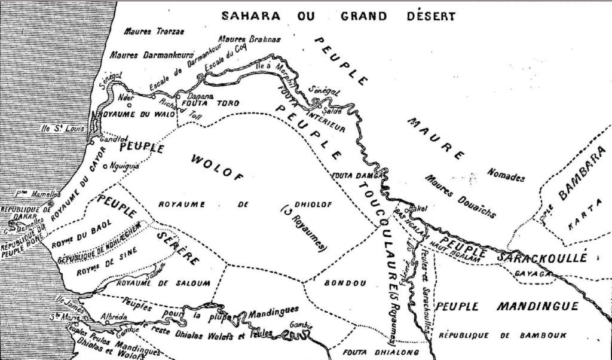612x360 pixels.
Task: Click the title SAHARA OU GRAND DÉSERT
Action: click(338, 16)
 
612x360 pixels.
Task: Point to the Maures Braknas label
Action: click(249, 39)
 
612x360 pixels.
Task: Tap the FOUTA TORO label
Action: click(206, 103)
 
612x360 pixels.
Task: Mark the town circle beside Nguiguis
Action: click(105, 166)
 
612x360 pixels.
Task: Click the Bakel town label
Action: click(418, 209)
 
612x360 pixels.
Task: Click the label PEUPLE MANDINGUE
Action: click(506, 307)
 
